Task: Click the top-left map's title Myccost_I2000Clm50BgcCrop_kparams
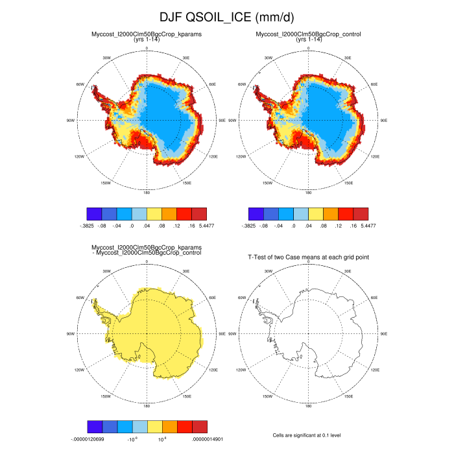click(x=147, y=34)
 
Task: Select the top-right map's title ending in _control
click(x=309, y=34)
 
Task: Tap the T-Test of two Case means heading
click(x=309, y=257)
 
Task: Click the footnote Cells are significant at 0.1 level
click(x=309, y=435)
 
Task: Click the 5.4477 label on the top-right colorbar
click(x=367, y=226)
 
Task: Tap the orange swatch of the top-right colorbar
click(x=331, y=213)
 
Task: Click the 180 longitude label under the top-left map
click(x=147, y=193)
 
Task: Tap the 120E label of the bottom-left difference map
click(x=211, y=370)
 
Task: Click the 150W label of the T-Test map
click(x=267, y=396)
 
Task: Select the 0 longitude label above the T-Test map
click(x=309, y=262)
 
